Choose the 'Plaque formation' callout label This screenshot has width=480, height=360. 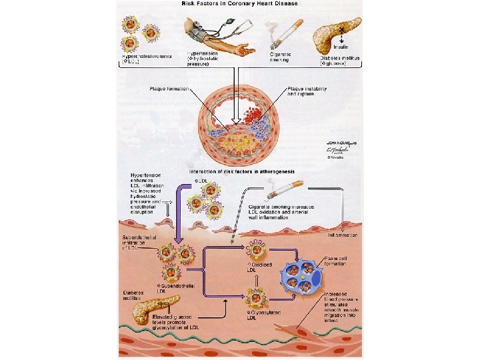[169, 89]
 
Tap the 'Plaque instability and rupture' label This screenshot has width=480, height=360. [307, 91]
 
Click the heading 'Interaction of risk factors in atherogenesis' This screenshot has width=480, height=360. [241, 171]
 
